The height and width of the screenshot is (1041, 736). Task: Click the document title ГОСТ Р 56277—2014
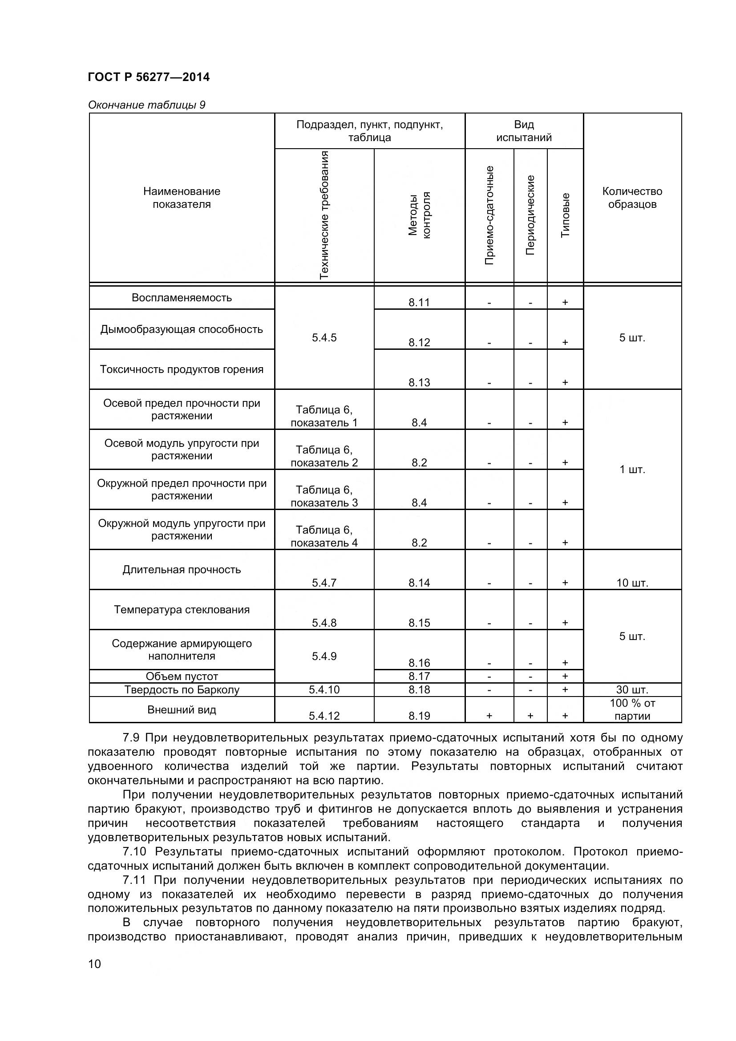pos(149,77)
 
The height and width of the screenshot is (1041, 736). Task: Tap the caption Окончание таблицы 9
pos(146,105)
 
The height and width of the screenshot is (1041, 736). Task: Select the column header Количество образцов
pos(632,198)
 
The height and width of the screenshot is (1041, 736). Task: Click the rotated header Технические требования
pos(324,215)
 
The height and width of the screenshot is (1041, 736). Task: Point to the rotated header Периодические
pos(530,215)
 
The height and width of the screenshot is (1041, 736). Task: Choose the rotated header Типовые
pos(565,215)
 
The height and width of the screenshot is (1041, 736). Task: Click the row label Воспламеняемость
pos(182,298)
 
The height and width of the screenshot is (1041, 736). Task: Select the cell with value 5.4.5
pos(324,338)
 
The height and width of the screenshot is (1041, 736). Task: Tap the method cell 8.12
pos(419,343)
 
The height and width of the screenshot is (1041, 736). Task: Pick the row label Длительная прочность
pos(182,570)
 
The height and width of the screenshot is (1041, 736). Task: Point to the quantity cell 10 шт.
pos(632,583)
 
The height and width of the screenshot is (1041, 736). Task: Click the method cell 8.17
pos(419,676)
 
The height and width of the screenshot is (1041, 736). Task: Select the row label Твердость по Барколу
pos(182,689)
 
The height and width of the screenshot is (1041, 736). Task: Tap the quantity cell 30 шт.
pos(632,689)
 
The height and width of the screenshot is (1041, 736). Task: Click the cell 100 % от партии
pos(632,709)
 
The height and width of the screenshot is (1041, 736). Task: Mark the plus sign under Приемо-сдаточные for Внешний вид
pos(489,716)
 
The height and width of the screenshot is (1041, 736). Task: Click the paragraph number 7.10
pos(134,852)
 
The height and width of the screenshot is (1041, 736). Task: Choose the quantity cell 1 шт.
pos(632,469)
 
